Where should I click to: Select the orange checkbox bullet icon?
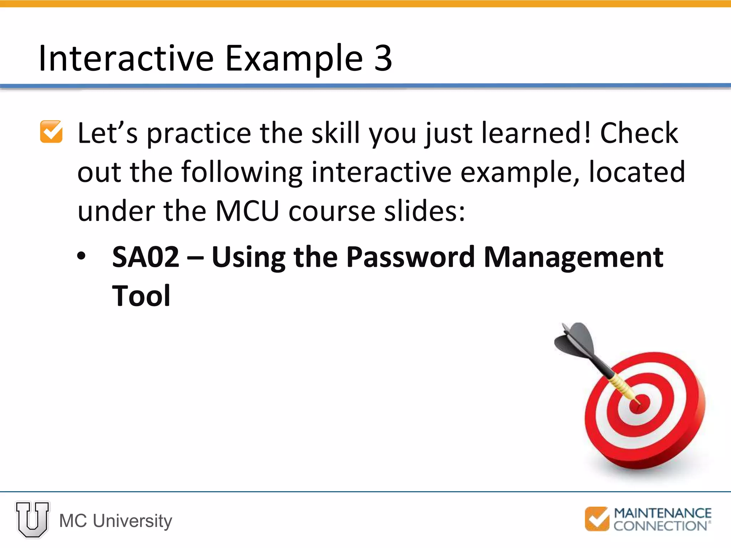51,132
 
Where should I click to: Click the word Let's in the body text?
107,133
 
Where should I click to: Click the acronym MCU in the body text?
247,211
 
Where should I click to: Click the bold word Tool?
141,296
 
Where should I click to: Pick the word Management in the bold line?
573,258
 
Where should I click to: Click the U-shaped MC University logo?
32,519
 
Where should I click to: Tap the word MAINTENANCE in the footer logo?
662,513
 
